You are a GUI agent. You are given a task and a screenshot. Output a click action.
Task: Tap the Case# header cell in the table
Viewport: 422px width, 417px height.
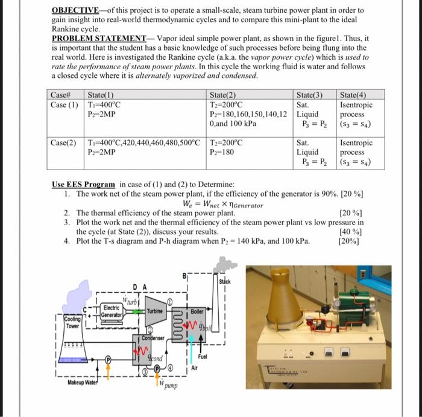coord(61,95)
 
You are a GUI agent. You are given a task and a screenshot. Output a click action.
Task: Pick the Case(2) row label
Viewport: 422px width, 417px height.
coord(63,143)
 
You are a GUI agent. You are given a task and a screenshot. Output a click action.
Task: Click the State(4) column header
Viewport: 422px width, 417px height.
coord(353,95)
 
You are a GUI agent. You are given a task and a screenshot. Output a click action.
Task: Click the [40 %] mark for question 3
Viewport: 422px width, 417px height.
coord(350,232)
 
